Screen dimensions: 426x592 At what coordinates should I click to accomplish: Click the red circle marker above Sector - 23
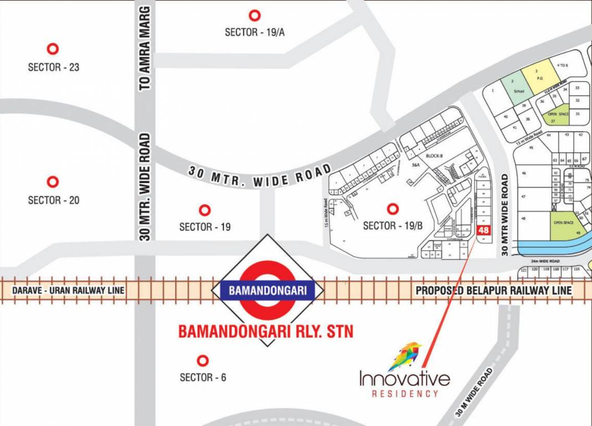53,49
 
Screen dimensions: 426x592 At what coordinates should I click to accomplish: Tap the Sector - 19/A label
254,32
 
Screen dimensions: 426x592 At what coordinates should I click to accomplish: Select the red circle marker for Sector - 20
53,182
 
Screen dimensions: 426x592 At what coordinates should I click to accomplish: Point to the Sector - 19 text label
205,227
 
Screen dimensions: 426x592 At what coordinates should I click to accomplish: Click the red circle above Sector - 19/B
393,209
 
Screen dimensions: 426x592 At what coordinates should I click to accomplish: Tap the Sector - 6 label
203,378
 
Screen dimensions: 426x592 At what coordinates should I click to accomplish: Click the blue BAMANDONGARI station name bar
268,290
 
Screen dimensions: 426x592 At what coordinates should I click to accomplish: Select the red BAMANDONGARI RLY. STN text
266,331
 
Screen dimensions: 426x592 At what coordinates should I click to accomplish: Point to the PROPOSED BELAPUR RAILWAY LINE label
493,290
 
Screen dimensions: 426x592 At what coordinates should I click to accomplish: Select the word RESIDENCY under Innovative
405,393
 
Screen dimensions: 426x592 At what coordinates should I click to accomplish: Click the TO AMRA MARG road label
145,48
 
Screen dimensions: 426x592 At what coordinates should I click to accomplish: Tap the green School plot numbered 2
513,89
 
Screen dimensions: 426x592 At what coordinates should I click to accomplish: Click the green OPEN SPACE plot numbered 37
557,115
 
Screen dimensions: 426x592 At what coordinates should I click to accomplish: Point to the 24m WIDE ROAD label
544,261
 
